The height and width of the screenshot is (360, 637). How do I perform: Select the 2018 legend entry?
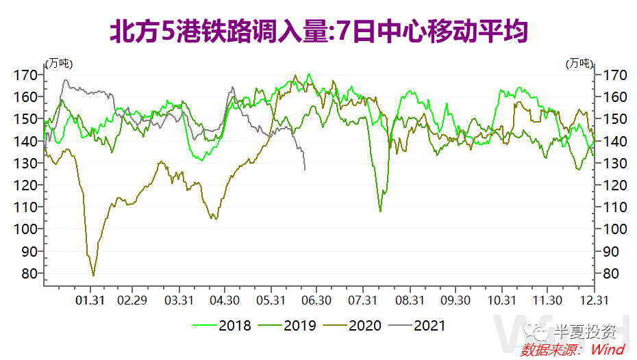pyautogui.click(x=222, y=326)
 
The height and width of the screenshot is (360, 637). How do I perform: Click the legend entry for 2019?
pyautogui.click(x=287, y=326)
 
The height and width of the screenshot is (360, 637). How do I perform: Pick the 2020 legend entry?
pyautogui.click(x=352, y=326)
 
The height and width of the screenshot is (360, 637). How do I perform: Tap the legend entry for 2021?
pyautogui.click(x=417, y=326)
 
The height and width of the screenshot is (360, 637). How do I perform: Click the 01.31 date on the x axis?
pyautogui.click(x=90, y=300)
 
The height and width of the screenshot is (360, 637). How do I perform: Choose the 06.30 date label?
pyautogui.click(x=317, y=300)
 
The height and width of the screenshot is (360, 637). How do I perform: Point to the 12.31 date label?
pyautogui.click(x=592, y=300)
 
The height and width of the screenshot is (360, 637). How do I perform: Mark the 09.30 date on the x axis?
pyautogui.click(x=455, y=300)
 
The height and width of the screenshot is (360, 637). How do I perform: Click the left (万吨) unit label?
pyautogui.click(x=59, y=63)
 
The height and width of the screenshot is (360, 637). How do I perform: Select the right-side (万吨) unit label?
pyautogui.click(x=579, y=63)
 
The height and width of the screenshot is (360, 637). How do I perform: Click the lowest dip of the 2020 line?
pyautogui.click(x=93, y=275)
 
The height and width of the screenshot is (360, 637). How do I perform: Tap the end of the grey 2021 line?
pyautogui.click(x=305, y=169)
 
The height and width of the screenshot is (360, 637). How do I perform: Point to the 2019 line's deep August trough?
pyautogui.click(x=381, y=211)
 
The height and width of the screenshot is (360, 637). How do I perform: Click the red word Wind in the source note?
pyautogui.click(x=608, y=350)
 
